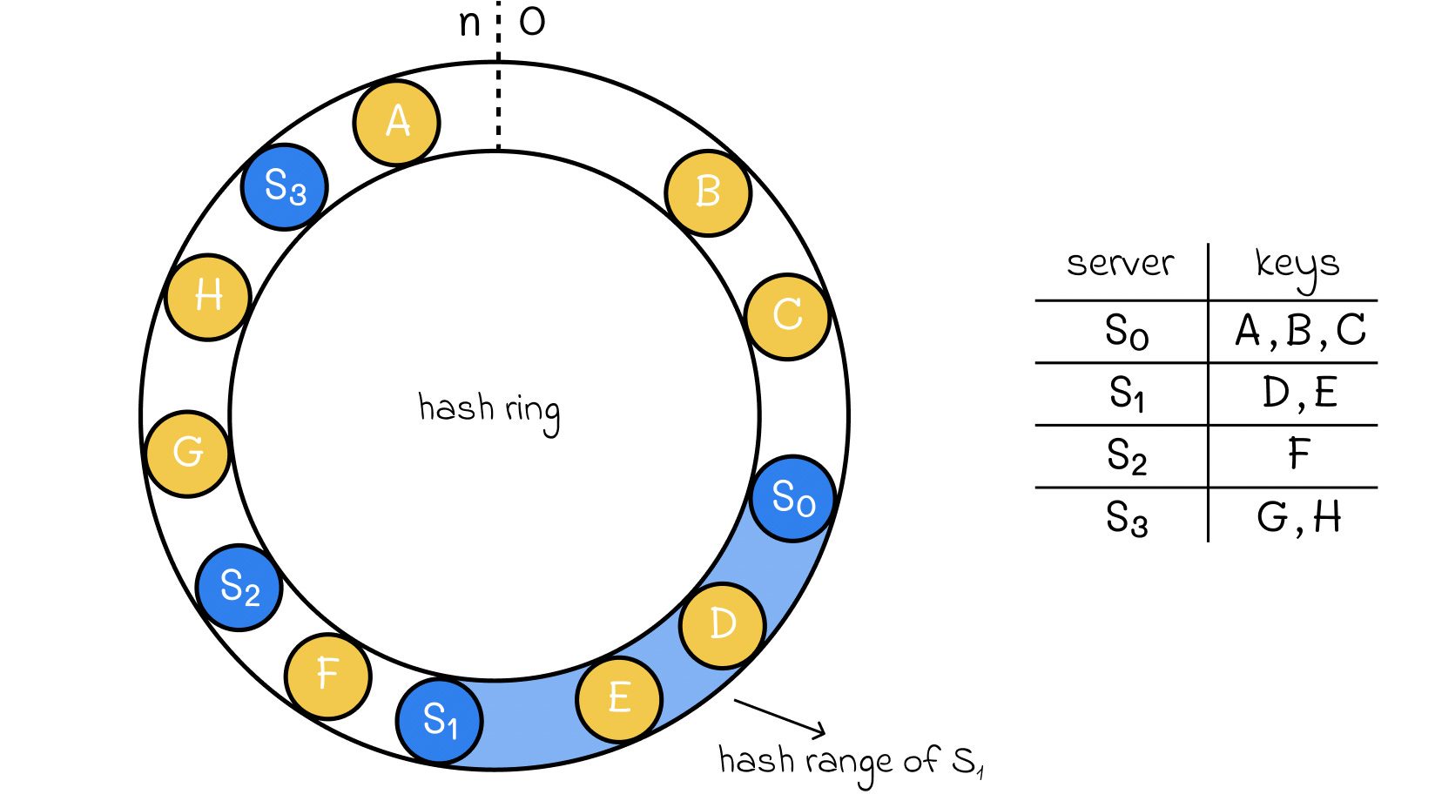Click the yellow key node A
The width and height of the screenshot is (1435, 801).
[x=396, y=123]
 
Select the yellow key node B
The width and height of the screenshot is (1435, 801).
[x=708, y=193]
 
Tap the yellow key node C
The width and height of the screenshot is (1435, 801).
[x=788, y=317]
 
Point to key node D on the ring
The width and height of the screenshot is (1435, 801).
[x=723, y=625]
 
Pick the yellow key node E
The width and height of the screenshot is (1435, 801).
[x=619, y=699]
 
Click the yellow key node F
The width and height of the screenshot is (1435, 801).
[x=328, y=676]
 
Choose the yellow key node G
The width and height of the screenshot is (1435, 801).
[x=188, y=453]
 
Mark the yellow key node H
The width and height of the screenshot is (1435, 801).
[x=207, y=297]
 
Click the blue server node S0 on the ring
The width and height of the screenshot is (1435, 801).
[x=793, y=499]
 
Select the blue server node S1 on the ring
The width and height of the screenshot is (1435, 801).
[x=440, y=721]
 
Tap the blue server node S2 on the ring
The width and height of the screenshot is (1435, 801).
[x=239, y=588]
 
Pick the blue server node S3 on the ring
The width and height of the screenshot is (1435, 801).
[x=285, y=186]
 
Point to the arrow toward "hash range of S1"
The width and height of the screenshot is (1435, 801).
[x=780, y=717]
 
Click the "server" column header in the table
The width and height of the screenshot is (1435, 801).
[x=1121, y=263]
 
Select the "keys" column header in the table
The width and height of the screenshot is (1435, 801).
[x=1297, y=268]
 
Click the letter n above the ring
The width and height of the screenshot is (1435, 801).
[x=469, y=24]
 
